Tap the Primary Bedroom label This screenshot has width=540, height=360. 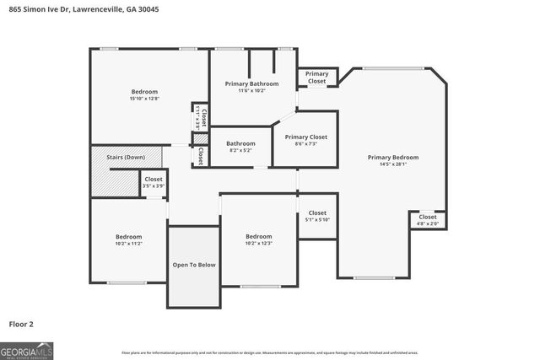pos(392,157)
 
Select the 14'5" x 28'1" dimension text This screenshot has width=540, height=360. pos(392,164)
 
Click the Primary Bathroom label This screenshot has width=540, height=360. pos(252,83)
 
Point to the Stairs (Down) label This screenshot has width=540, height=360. pos(125,158)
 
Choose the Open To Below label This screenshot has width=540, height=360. pos(194,265)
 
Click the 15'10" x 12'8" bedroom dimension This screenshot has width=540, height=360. pos(143,99)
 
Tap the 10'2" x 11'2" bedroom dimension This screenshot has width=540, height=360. pos(128,244)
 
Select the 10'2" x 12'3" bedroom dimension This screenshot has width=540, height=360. pos(258,244)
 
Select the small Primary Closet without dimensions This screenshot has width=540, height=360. pos(316,78)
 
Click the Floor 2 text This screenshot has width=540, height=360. pos(21,324)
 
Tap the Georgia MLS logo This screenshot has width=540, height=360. pos(25,350)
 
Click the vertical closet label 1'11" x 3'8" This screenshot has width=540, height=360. pos(200,116)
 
